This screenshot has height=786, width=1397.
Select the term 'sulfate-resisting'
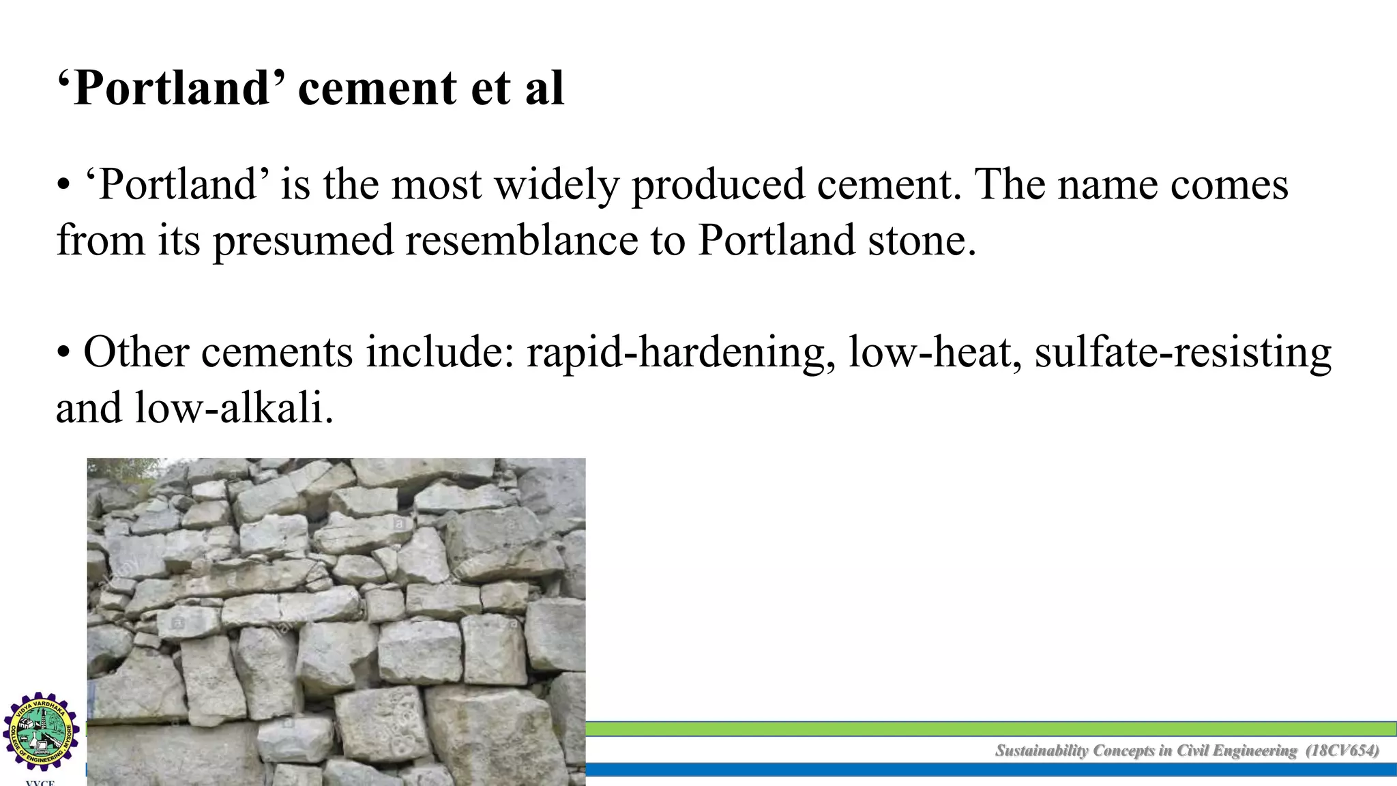[1183, 353]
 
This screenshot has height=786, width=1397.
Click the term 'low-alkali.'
[233, 409]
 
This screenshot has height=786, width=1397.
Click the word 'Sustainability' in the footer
[1042, 751]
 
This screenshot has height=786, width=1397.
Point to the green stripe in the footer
[989, 729]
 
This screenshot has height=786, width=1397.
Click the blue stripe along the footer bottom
[989, 770]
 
